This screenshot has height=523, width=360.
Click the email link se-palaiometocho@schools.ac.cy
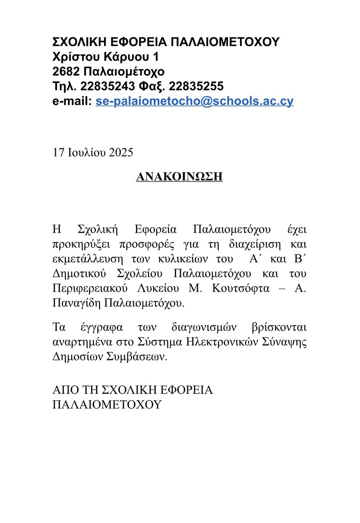pyautogui.click(x=194, y=101)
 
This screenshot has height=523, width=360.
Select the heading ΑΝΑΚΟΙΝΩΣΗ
pyautogui.click(x=179, y=177)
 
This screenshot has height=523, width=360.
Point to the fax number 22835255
pyautogui.click(x=196, y=86)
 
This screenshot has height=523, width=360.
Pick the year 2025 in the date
pyautogui.click(x=119, y=152)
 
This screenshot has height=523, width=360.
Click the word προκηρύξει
pyautogui.click(x=81, y=244)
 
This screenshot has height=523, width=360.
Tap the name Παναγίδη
pyautogui.click(x=77, y=303)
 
